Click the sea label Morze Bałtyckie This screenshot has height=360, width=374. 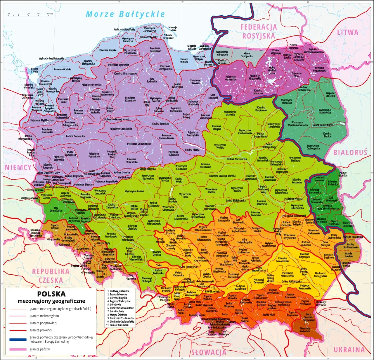125,14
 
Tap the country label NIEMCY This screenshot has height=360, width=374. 18,168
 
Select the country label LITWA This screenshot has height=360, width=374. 348,32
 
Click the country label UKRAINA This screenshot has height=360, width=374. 349,349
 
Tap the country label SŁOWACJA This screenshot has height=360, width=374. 209,352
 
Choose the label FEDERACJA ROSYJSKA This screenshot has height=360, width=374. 259,32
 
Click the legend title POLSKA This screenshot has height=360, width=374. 51,294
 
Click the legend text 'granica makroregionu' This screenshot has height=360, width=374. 44,316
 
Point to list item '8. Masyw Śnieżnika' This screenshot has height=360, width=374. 117,315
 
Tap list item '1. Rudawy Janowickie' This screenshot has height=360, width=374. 118,291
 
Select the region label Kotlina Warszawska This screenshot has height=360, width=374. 237,159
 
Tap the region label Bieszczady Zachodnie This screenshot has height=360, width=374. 305,330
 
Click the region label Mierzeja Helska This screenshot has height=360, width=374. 173,29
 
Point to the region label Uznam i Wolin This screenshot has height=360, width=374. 34,70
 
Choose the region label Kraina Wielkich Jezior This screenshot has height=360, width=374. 272,70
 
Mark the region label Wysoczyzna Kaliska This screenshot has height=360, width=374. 134,191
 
